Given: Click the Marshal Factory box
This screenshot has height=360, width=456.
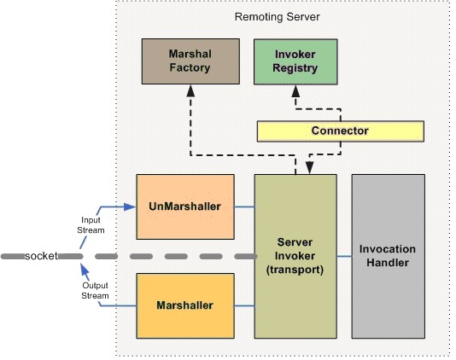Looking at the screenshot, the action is click(190, 61).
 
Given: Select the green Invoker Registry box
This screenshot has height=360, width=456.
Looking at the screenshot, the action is click(295, 61).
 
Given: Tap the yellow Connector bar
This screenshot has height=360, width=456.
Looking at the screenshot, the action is click(340, 131).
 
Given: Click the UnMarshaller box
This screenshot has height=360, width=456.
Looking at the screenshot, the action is click(185, 207).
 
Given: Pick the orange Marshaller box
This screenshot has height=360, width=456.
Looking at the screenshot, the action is click(185, 305).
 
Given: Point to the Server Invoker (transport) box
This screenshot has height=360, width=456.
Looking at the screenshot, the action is click(295, 256).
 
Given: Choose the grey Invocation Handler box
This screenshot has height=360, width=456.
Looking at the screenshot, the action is click(389, 256).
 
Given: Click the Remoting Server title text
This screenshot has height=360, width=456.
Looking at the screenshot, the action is click(278, 17).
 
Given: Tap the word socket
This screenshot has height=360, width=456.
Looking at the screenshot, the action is click(41, 256).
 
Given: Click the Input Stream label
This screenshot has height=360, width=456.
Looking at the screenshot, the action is click(91, 225).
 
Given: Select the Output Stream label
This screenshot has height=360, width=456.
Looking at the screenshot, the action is click(95, 291).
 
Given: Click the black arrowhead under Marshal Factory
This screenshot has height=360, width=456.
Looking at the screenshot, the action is click(190, 90).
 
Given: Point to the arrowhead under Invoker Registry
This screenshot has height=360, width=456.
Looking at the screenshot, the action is click(295, 91).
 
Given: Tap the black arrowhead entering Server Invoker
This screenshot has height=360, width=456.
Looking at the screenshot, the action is click(309, 168).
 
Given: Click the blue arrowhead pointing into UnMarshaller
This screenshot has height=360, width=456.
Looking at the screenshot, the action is click(130, 207).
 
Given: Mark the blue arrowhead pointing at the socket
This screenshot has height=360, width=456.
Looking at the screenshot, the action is click(85, 270).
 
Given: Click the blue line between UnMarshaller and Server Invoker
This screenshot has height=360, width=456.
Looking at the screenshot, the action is click(244, 207).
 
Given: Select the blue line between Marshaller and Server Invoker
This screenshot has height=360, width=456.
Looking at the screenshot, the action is click(244, 305).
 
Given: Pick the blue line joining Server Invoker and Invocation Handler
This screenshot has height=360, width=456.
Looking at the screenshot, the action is click(344, 256).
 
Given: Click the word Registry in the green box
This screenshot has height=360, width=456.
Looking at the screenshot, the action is click(295, 68).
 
